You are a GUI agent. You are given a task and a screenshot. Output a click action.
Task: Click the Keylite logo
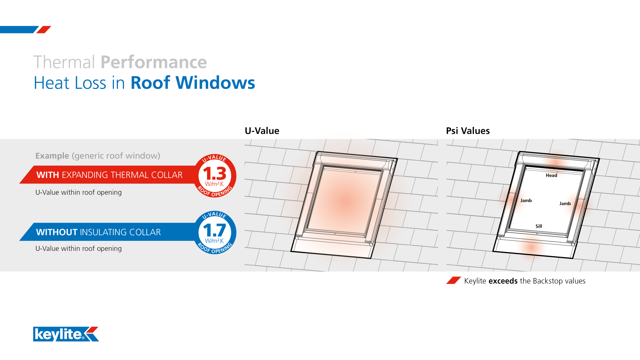click(x=66, y=334)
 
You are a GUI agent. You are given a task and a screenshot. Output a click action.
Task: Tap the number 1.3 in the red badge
click(x=215, y=174)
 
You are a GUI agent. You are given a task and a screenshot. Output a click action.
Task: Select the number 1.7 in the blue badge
click(x=215, y=230)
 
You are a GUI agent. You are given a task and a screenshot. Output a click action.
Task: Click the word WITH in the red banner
click(x=48, y=175)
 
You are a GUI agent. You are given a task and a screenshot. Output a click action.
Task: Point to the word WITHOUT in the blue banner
click(x=57, y=232)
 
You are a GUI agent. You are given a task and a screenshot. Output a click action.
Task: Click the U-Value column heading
click(x=262, y=131)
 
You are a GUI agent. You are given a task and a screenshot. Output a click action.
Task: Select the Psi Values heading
click(x=468, y=131)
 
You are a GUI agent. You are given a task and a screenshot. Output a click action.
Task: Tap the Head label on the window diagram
click(x=551, y=175)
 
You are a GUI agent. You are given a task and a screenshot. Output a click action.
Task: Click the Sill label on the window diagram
click(x=539, y=226)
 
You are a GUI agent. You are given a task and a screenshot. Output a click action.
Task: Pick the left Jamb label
click(x=526, y=201)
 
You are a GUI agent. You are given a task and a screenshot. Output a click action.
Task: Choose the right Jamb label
click(x=565, y=204)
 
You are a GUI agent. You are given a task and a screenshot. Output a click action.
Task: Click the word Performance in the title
click(x=154, y=62)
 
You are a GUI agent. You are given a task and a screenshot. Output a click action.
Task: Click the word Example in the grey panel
click(x=52, y=156)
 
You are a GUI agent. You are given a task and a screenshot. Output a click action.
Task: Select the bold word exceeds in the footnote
click(x=503, y=281)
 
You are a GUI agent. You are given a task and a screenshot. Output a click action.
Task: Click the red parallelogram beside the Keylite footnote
click(x=453, y=281)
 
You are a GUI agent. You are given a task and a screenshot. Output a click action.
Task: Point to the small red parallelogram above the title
click(x=44, y=30)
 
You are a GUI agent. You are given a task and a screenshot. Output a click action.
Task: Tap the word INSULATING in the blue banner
click(x=103, y=232)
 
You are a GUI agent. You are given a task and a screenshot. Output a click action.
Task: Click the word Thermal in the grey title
click(x=64, y=62)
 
